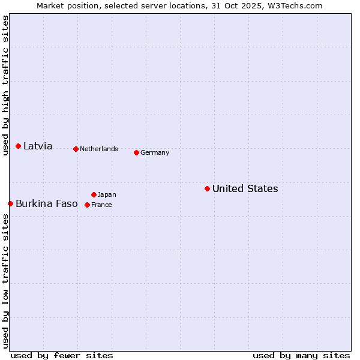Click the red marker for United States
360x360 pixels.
tap(207, 188)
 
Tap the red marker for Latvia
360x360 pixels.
tap(19, 146)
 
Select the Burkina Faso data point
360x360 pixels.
tap(10, 203)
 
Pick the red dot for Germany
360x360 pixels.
tap(136, 152)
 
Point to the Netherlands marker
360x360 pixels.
tap(76, 149)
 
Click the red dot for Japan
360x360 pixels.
tap(94, 194)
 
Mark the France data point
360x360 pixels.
tap(87, 205)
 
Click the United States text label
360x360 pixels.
tap(245, 188)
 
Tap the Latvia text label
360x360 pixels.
tap(38, 146)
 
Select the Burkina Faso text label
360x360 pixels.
tap(46, 203)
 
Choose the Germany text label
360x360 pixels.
tap(155, 152)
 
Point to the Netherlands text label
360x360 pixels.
tap(99, 149)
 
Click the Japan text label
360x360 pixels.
tap(107, 194)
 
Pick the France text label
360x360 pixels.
tap(101, 205)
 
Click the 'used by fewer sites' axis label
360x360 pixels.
tap(62, 355)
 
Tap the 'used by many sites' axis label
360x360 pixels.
tap(301, 355)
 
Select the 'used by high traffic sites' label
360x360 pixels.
tap(5, 85)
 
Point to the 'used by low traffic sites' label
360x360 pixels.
tap(5, 281)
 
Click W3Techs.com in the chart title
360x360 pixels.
tap(296, 5)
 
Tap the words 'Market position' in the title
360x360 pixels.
tap(64, 5)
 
